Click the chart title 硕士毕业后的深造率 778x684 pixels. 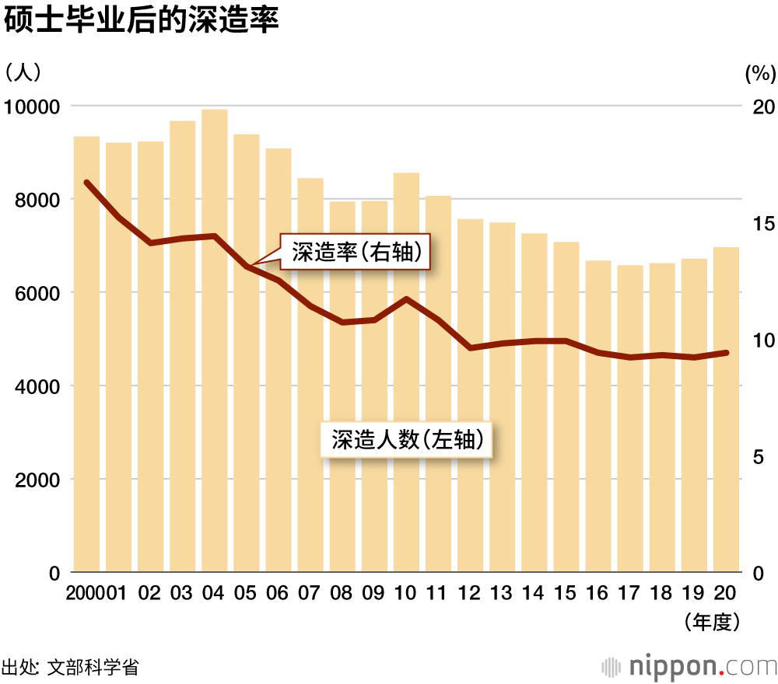tap(141, 21)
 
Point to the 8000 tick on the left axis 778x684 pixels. tap(30, 200)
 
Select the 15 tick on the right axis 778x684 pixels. tap(765, 224)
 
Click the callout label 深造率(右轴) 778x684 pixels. tap(356, 252)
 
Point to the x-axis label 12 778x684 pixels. tap(470, 593)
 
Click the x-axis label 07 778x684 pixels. tap(310, 593)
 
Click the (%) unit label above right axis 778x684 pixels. tap(760, 74)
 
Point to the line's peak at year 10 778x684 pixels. tap(406, 298)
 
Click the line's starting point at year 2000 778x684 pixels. tap(87, 183)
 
